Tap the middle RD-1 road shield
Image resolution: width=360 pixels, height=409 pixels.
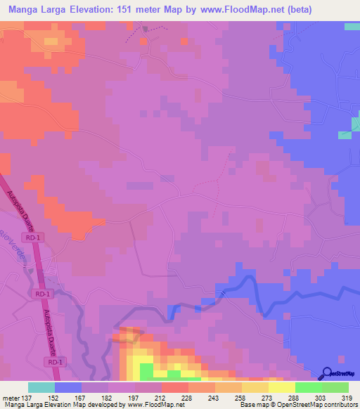coord(41,293)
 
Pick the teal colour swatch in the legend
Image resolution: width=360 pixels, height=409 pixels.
coord(41,387)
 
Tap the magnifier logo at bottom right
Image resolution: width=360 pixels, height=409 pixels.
coord(326,373)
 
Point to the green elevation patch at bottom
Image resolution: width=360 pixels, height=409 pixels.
coord(146,371)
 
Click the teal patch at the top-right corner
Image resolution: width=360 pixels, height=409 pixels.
coord(352,26)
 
